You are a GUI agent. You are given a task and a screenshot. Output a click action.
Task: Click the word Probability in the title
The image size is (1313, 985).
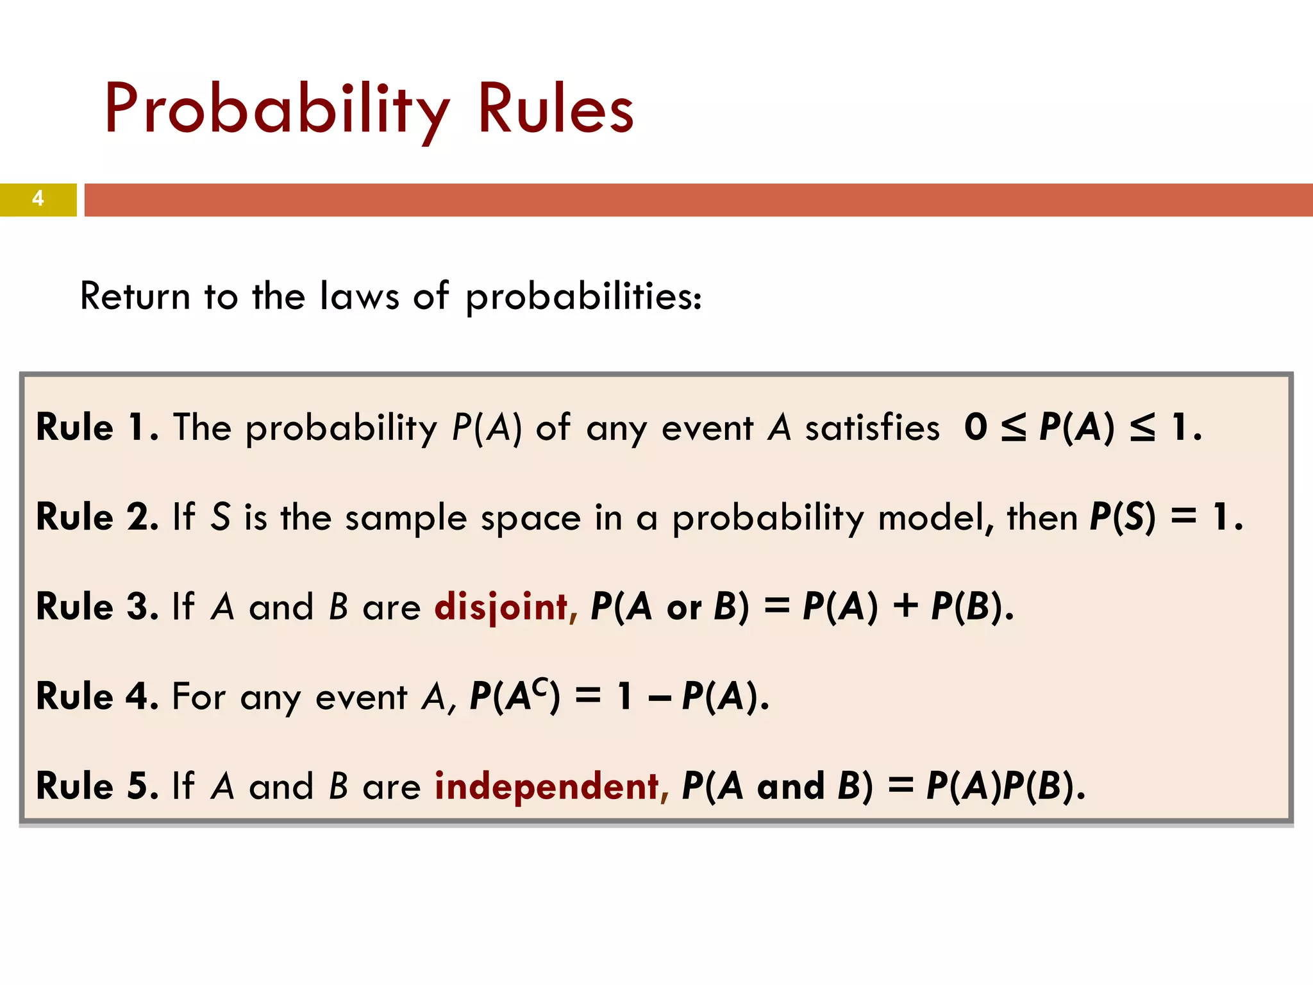[x=277, y=109]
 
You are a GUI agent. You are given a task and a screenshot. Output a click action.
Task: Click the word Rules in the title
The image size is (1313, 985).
[x=555, y=109]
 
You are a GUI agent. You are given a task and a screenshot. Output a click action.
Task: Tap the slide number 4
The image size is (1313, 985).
[x=38, y=199]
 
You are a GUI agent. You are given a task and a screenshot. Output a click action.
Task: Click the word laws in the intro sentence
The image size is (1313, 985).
[x=359, y=296]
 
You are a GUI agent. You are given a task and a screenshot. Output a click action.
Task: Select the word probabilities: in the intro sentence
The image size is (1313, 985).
[x=583, y=298]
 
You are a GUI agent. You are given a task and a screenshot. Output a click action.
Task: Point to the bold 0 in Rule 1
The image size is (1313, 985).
[x=975, y=427]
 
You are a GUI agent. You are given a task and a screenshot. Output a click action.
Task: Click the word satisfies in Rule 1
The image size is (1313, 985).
[x=872, y=428]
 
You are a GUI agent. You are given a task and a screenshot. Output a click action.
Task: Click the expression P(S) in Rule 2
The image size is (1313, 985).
[x=1123, y=517]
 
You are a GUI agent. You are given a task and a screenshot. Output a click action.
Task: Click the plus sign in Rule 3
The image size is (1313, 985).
[x=905, y=607]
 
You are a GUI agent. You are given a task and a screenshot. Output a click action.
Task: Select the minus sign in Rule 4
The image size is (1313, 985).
[x=659, y=699]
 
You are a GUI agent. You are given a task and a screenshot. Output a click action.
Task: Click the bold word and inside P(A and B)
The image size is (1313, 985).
[x=790, y=786]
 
